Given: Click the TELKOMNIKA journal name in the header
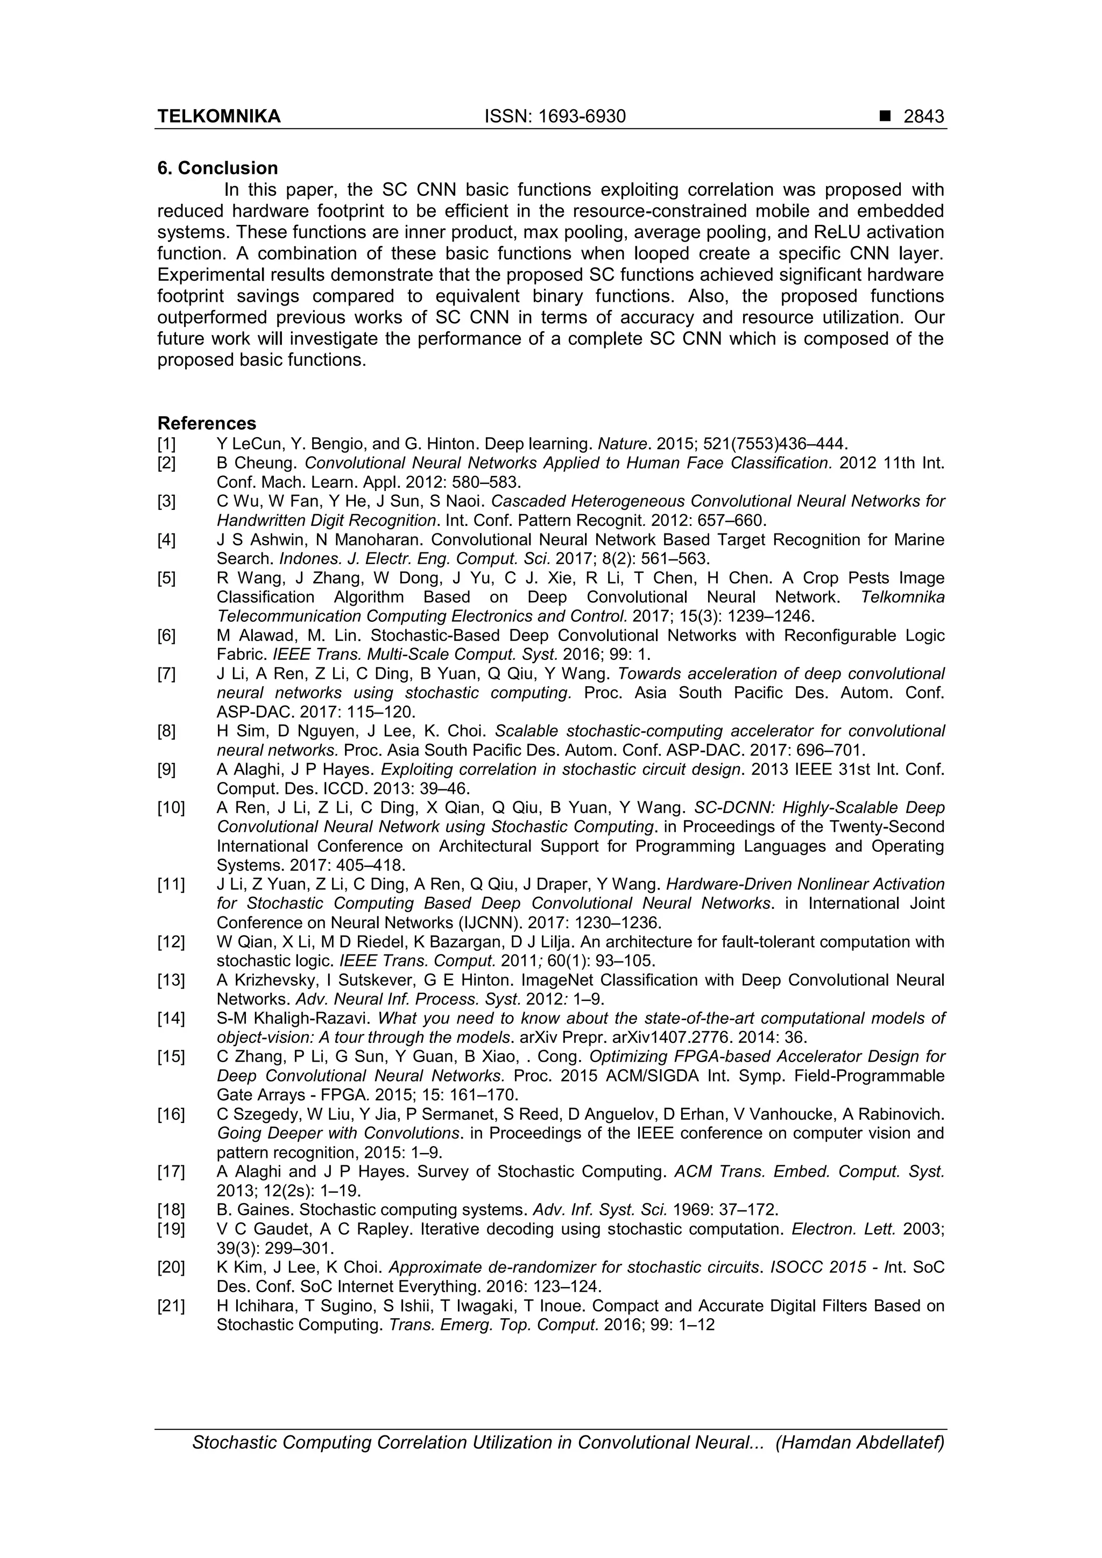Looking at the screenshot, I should click(x=218, y=117).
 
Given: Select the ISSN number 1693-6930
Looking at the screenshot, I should click(x=555, y=117).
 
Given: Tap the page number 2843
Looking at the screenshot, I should click(x=923, y=117).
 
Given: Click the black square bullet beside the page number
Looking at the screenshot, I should click(x=884, y=117).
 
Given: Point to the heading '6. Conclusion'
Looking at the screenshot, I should click(x=217, y=168).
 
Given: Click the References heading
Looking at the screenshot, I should click(x=207, y=423).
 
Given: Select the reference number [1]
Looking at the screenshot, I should click(x=166, y=444).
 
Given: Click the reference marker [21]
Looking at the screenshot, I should click(x=171, y=1306).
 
